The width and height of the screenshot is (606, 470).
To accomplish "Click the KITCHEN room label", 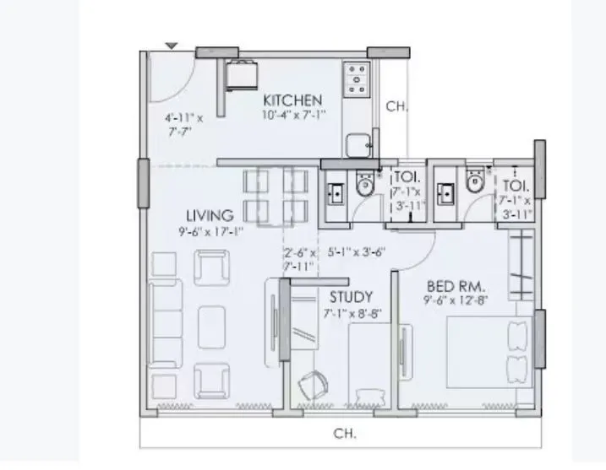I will [x=292, y=100].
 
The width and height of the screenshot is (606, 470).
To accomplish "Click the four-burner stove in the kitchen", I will [x=356, y=78].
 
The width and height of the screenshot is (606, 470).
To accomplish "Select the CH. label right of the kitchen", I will [x=396, y=106].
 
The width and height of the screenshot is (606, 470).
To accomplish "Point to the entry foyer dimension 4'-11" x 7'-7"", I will [x=183, y=125].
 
